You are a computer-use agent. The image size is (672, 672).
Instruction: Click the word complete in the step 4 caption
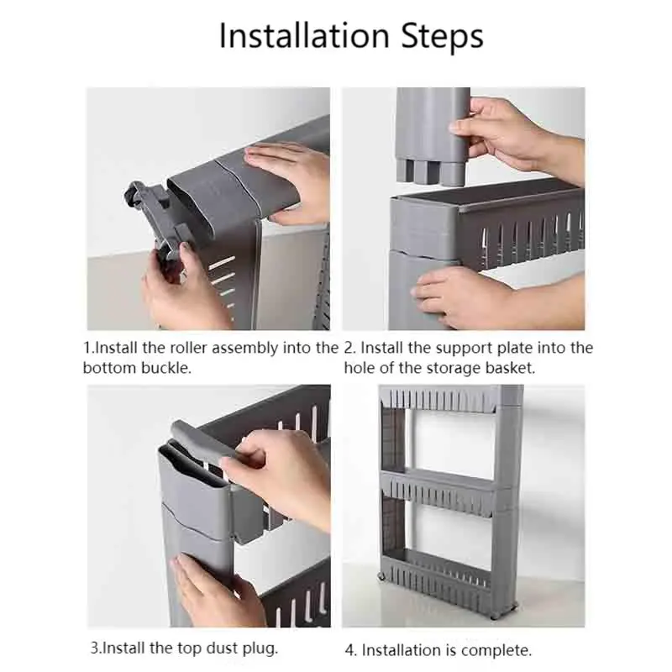(x=501, y=649)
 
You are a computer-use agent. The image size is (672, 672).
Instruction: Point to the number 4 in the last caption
(x=349, y=649)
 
